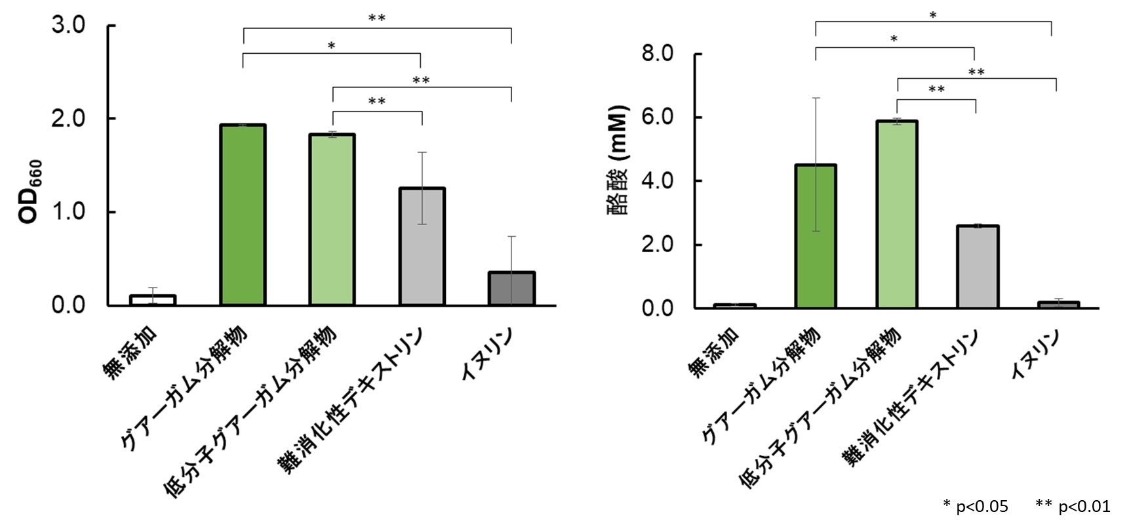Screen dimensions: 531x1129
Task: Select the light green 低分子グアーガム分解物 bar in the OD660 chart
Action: point(332,219)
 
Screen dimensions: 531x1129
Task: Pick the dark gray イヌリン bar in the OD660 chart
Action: point(511,289)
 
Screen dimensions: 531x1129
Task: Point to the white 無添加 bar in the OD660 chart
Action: point(152,300)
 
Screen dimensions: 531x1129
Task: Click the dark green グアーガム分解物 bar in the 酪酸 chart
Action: point(816,236)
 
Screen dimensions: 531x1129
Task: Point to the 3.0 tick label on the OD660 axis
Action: point(69,25)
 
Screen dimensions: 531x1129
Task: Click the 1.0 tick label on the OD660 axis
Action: point(69,212)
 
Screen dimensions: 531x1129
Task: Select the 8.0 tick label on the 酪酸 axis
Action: point(658,54)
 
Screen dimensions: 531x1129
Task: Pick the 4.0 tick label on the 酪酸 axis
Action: point(658,181)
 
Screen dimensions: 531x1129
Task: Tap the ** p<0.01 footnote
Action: point(1073,506)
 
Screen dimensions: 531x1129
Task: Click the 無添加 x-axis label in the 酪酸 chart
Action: point(714,351)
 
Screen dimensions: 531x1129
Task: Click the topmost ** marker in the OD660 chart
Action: point(376,18)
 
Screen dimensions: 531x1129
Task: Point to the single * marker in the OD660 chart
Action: point(331,46)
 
